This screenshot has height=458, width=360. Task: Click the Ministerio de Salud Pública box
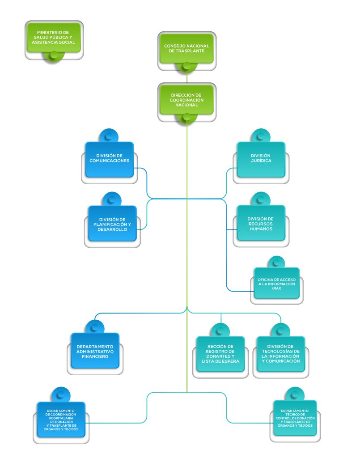tap(53, 37)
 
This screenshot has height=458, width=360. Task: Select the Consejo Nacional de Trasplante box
tap(186, 49)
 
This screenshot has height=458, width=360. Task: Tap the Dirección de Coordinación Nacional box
tap(186, 99)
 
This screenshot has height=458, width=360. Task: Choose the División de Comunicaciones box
tap(110, 158)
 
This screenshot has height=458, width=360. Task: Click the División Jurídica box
tap(261, 158)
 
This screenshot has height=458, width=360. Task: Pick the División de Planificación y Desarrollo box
tap(112, 223)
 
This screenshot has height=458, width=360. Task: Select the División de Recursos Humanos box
tap(261, 223)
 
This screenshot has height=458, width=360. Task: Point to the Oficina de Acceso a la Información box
tap(276, 284)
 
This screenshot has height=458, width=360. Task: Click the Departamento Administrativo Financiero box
tap(95, 352)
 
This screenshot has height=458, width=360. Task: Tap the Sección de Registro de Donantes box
tap(220, 353)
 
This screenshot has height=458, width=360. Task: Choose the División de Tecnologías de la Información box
tap(280, 353)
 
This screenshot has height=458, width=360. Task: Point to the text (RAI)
tap(276, 289)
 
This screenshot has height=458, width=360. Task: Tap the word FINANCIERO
tap(95, 357)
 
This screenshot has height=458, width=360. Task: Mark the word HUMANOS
tap(261, 228)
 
